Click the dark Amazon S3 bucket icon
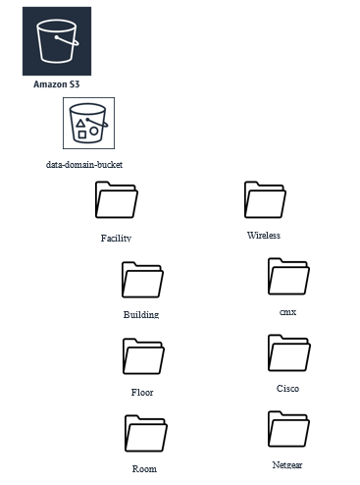click(x=57, y=41)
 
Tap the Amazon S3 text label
click(x=57, y=84)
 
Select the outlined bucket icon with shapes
click(x=88, y=123)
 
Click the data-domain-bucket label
click(x=84, y=164)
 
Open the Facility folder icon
click(x=117, y=199)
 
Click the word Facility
click(x=116, y=238)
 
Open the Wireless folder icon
click(x=265, y=199)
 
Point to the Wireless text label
click(x=264, y=236)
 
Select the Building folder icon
click(x=142, y=280)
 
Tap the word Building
click(x=141, y=314)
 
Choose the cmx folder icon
click(x=288, y=276)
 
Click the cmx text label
click(x=288, y=312)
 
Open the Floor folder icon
click(x=143, y=356)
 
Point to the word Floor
click(x=142, y=392)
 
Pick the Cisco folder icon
click(x=289, y=352)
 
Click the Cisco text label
click(x=287, y=389)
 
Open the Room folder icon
click(x=146, y=433)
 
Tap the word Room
click(x=144, y=469)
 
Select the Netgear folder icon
click(x=288, y=429)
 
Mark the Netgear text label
click(x=287, y=465)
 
